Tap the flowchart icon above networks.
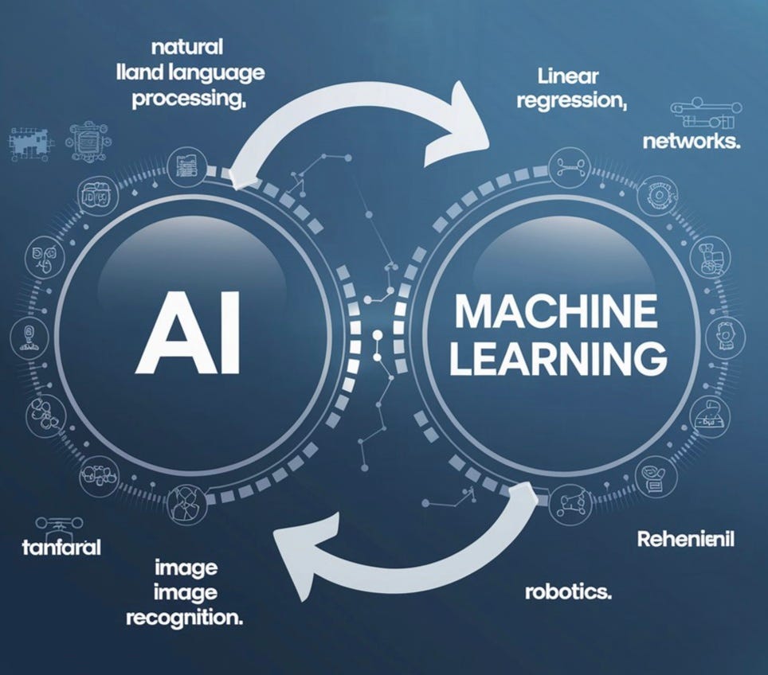[x=701, y=114]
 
